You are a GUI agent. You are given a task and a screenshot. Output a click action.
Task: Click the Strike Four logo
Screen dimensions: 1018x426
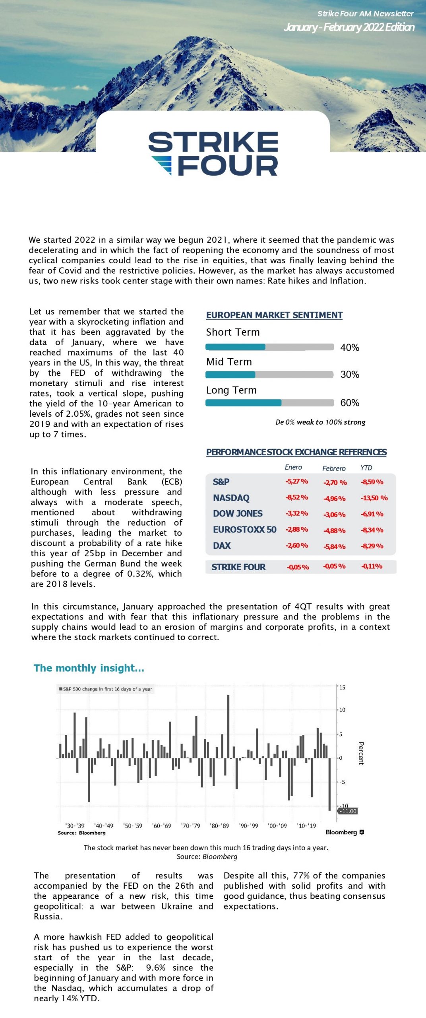pyautogui.click(x=213, y=153)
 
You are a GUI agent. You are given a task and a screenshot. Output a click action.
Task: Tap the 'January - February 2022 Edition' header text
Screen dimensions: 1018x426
pyautogui.click(x=349, y=27)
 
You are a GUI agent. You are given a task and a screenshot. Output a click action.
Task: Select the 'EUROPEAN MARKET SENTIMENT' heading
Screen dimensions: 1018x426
pyautogui.click(x=274, y=315)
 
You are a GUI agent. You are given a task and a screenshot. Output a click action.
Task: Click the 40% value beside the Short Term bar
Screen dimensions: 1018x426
pyautogui.click(x=350, y=348)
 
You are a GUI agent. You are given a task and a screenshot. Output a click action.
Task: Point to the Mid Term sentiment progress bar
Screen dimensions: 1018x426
pyautogui.click(x=269, y=375)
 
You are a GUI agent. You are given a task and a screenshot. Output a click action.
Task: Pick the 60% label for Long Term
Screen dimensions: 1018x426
pyautogui.click(x=350, y=403)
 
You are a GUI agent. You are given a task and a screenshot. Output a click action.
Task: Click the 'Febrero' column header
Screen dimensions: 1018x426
pyautogui.click(x=334, y=468)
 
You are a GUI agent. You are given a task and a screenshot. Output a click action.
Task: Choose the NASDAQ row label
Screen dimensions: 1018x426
pyautogui.click(x=231, y=498)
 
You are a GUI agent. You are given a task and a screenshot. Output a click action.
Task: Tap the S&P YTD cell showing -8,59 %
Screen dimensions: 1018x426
pyautogui.click(x=372, y=482)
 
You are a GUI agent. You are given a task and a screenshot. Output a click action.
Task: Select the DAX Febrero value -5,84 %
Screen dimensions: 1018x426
pyautogui.click(x=334, y=546)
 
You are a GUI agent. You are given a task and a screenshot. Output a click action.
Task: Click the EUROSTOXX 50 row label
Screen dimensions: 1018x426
pyautogui.click(x=244, y=530)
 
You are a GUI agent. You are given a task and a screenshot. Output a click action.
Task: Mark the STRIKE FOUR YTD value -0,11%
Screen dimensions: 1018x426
pyautogui.click(x=372, y=566)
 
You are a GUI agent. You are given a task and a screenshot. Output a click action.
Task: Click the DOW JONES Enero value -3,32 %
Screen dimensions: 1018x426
pyautogui.click(x=296, y=513)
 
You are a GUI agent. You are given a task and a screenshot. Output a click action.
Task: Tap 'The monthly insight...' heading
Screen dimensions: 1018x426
pyautogui.click(x=89, y=668)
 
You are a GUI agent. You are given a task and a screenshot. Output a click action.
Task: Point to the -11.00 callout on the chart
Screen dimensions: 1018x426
pyautogui.click(x=348, y=811)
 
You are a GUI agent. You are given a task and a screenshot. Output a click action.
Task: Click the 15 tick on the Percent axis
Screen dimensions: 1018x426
pyautogui.click(x=342, y=687)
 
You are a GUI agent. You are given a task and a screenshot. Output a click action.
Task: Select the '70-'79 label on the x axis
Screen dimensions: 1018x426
pyautogui.click(x=190, y=826)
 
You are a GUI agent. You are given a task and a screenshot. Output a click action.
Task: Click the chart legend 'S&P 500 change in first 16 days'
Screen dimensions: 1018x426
pyautogui.click(x=106, y=689)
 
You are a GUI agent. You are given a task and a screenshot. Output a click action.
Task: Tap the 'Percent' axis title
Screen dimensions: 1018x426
pyautogui.click(x=361, y=753)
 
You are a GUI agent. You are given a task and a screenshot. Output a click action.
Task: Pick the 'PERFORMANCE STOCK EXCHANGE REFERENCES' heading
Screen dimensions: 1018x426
pyautogui.click(x=296, y=452)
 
